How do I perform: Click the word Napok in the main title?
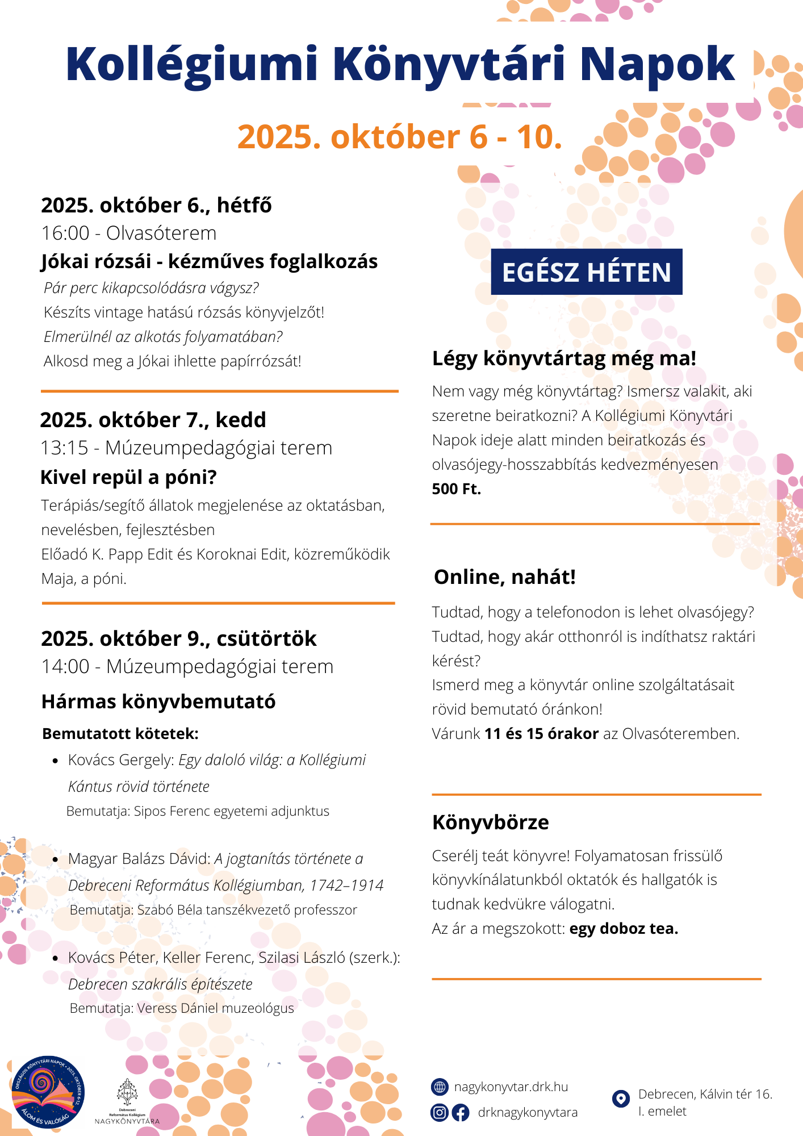[x=657, y=64]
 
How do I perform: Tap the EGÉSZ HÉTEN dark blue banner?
[x=587, y=272]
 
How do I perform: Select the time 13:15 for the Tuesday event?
[x=65, y=448]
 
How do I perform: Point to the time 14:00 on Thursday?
[x=65, y=667]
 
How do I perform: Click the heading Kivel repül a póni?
[x=128, y=477]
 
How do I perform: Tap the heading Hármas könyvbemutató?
[x=158, y=701]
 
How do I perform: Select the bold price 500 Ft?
[x=456, y=489]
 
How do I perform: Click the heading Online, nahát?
[x=505, y=577]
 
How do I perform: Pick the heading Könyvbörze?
[x=491, y=822]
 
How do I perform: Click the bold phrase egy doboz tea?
[x=624, y=929]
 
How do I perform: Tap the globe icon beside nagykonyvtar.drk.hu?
[x=440, y=1087]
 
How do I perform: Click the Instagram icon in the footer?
[x=440, y=1112]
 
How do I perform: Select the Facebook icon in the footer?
[x=461, y=1112]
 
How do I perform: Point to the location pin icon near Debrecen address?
[x=621, y=1099]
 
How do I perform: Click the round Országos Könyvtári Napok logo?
[x=48, y=1092]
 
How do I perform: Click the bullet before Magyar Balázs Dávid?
[x=55, y=859]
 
